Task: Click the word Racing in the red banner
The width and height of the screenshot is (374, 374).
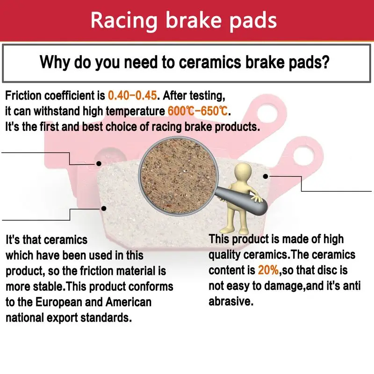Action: click(x=124, y=21)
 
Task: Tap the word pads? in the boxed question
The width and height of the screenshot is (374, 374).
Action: click(x=309, y=63)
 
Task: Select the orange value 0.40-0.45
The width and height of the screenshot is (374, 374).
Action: click(x=132, y=95)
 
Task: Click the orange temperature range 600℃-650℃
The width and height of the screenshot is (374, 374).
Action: click(x=198, y=111)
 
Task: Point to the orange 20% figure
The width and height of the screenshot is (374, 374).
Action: click(x=268, y=270)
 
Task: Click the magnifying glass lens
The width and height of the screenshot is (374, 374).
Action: click(x=179, y=176)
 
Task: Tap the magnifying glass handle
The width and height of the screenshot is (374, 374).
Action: click(x=241, y=200)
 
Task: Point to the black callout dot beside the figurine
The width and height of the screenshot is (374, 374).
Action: click(x=266, y=176)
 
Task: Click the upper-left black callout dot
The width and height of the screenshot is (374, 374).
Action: click(x=99, y=164)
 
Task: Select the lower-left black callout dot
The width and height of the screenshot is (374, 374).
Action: click(x=104, y=209)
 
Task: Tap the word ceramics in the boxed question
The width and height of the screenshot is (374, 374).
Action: click(x=210, y=62)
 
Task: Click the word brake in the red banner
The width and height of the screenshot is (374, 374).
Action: click(x=194, y=20)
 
